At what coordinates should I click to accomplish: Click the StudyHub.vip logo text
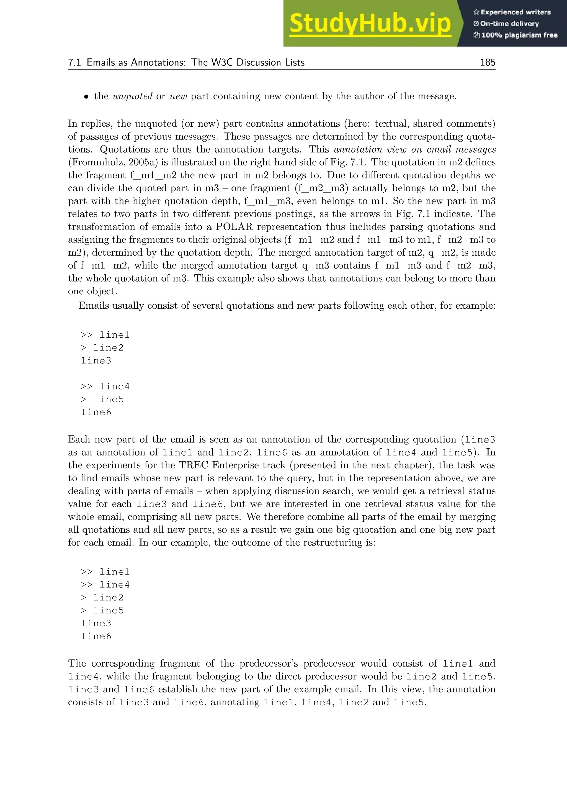point(370,24)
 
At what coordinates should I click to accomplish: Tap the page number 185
point(487,63)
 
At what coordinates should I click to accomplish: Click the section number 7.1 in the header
point(74,63)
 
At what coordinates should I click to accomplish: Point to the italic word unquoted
point(132,96)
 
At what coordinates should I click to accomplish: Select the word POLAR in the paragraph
point(234,227)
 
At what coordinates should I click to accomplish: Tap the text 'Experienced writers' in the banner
point(515,12)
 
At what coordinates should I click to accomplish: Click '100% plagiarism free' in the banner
point(519,35)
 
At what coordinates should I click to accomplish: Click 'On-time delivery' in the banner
point(509,24)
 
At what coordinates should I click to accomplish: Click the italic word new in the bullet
point(178,96)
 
